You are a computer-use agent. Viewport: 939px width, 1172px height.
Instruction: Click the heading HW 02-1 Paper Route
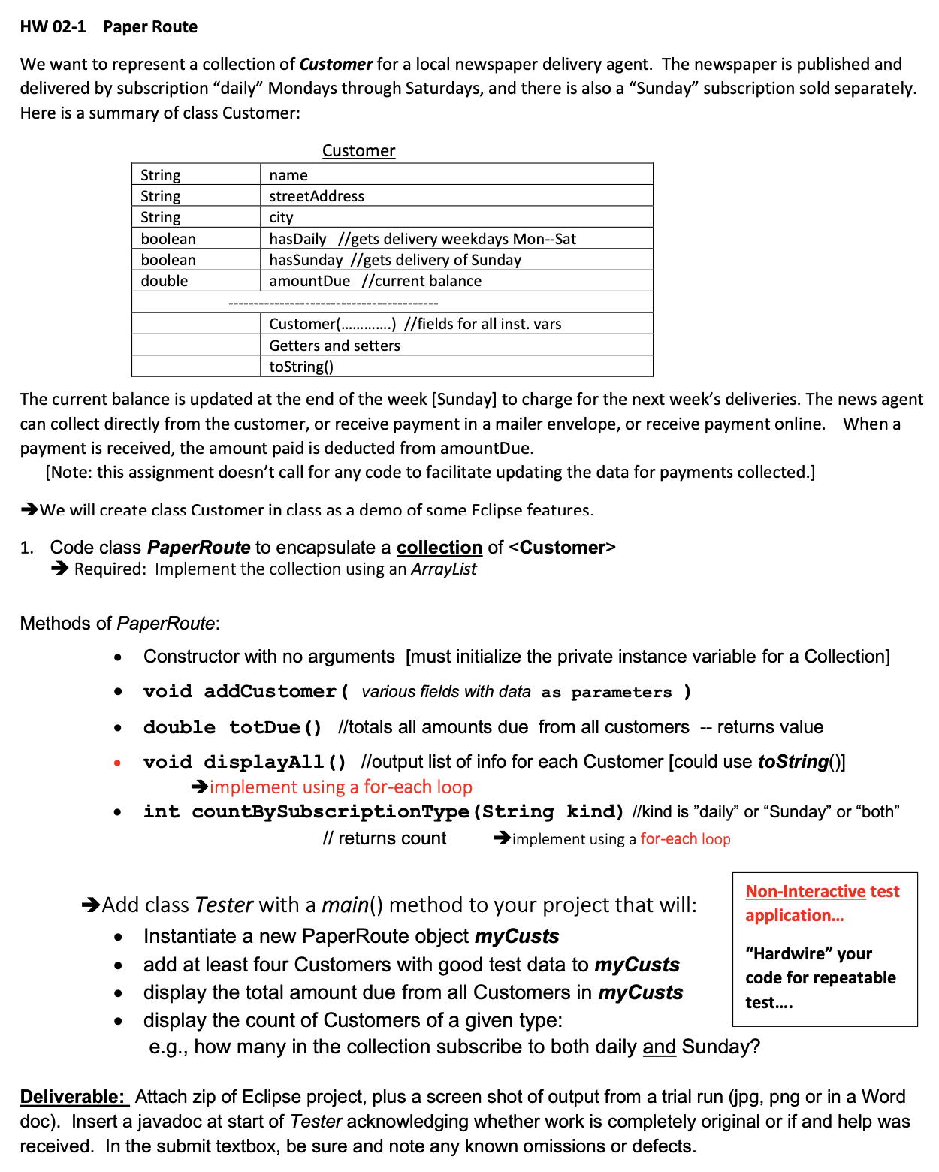[108, 27]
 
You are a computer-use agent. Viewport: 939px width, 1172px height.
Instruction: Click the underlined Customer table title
[358, 151]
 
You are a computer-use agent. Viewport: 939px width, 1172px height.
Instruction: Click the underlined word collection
[439, 548]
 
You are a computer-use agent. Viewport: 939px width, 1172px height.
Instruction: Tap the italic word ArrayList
[443, 569]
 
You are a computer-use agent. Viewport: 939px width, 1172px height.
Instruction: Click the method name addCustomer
[270, 691]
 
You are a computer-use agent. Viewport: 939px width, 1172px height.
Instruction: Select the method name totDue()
[275, 727]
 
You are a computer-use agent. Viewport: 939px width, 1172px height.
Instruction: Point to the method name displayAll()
[274, 762]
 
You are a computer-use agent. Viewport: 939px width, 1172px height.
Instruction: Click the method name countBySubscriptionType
[331, 811]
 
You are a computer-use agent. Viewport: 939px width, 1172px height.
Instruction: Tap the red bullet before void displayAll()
[117, 763]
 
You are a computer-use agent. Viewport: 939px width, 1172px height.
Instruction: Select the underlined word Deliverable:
[73, 1097]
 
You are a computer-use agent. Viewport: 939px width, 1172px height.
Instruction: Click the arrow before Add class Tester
[91, 905]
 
